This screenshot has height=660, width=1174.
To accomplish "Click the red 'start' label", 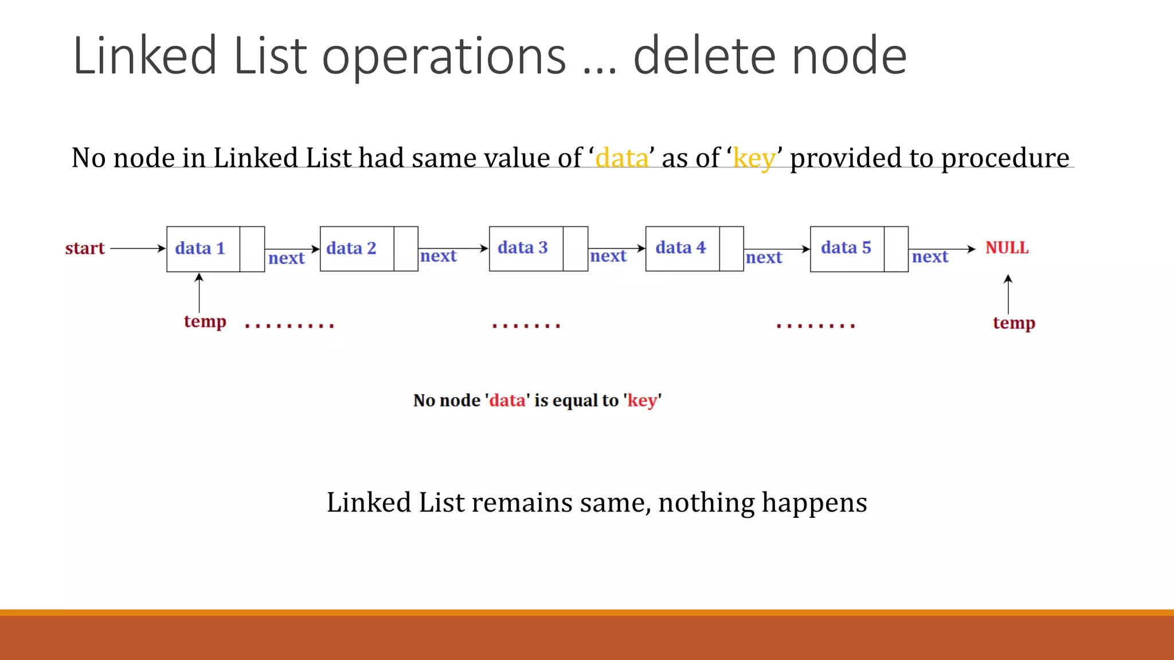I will click(85, 249).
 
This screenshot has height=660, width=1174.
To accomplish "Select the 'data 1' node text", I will click(200, 249).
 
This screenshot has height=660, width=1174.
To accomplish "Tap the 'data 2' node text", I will click(351, 249).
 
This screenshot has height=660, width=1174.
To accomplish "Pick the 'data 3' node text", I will click(522, 248).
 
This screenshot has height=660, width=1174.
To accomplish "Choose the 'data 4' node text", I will click(680, 248).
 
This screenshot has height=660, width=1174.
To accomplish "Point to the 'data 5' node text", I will click(846, 248).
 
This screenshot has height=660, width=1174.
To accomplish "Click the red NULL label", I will click(1007, 248).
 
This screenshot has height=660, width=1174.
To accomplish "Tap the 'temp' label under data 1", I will click(205, 322).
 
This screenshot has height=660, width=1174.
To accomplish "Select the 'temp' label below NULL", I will click(1013, 323).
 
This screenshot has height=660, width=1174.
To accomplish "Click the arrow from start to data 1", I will click(138, 249).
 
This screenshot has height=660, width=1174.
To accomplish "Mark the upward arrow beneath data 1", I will click(199, 293).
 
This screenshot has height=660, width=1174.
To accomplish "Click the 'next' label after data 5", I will click(930, 257).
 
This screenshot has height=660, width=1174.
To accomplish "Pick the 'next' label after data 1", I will click(286, 258).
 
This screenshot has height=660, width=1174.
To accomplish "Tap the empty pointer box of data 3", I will click(575, 249).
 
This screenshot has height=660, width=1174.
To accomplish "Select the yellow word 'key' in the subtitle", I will click(754, 158).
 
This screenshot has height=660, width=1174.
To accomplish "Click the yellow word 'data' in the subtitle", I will click(621, 158).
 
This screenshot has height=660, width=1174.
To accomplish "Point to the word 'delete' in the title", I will click(705, 56).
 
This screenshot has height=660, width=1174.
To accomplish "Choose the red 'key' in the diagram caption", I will click(642, 400).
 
